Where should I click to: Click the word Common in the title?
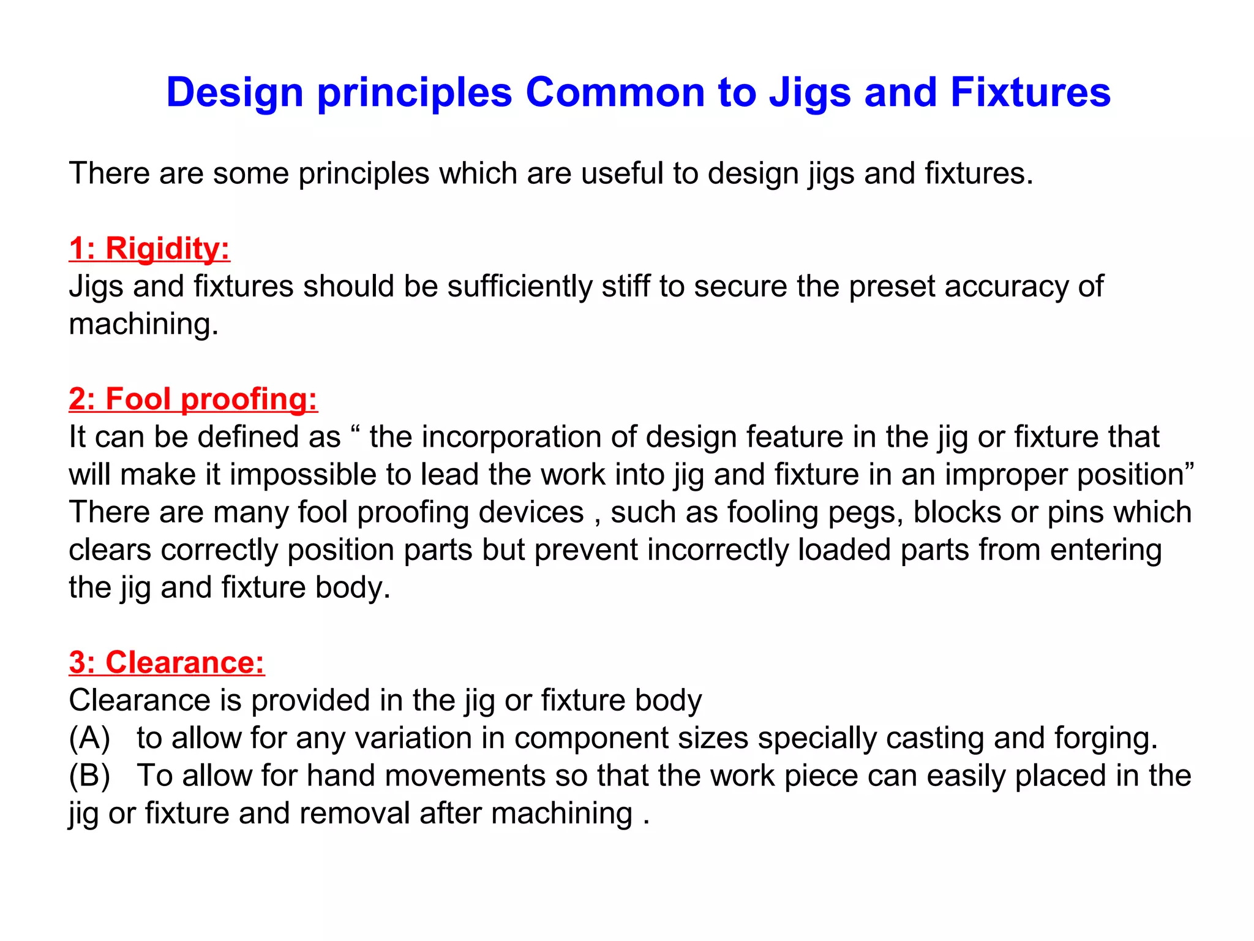(x=615, y=93)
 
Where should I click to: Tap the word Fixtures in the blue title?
(x=1030, y=93)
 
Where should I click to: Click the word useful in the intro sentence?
(x=621, y=173)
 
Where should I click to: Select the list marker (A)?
(x=89, y=738)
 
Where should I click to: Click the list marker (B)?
(x=89, y=776)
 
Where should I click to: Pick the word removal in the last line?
(x=355, y=814)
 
